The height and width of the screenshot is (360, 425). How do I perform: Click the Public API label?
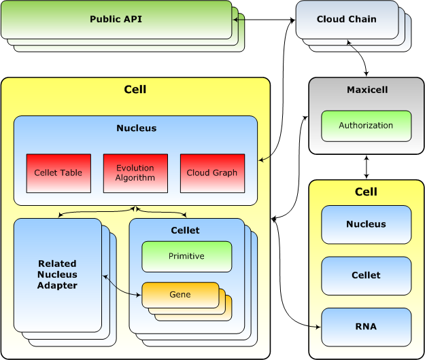pyautogui.click(x=116, y=19)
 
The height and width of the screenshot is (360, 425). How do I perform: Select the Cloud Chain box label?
pyautogui.click(x=346, y=19)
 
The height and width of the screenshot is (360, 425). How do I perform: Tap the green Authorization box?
pyautogui.click(x=366, y=126)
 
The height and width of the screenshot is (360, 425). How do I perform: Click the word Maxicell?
pyautogui.click(x=367, y=90)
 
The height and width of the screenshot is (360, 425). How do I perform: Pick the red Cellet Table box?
pyautogui.click(x=58, y=173)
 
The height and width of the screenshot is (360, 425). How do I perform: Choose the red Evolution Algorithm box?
pyautogui.click(x=135, y=173)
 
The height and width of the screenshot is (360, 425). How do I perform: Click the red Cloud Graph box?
pyautogui.click(x=212, y=173)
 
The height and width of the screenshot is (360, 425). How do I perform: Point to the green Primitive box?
pyautogui.click(x=186, y=256)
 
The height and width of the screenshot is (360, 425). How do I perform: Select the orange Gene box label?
pyautogui.click(x=180, y=295)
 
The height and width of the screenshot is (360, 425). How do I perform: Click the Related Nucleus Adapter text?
pyautogui.click(x=57, y=274)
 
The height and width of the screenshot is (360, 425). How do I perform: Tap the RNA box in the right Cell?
pyautogui.click(x=366, y=327)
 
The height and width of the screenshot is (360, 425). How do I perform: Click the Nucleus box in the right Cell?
pyautogui.click(x=366, y=224)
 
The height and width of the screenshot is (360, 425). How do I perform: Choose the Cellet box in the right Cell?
pyautogui.click(x=366, y=275)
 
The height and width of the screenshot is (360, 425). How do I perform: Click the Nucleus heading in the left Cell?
pyautogui.click(x=136, y=128)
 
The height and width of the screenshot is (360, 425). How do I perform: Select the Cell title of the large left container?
pyautogui.click(x=135, y=89)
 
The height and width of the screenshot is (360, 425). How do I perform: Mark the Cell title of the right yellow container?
pyautogui.click(x=366, y=192)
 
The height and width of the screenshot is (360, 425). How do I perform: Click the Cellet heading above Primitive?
pyautogui.click(x=185, y=230)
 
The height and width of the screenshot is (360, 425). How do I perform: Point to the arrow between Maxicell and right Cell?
pyautogui.click(x=367, y=166)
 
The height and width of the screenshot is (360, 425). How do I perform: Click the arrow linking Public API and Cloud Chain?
pyautogui.click(x=265, y=20)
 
